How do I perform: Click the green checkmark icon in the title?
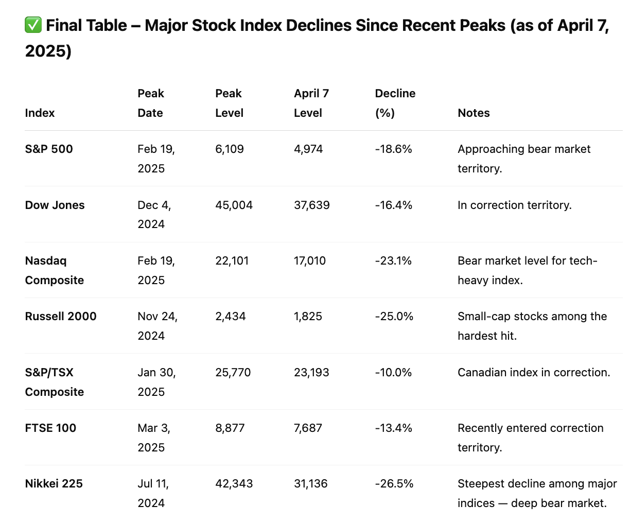[x=33, y=25]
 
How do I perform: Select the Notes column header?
[x=474, y=113]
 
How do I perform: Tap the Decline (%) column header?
[x=395, y=103]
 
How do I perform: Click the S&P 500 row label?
[x=49, y=149]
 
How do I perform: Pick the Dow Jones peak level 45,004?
[x=234, y=205]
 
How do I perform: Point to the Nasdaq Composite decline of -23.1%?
[x=393, y=261]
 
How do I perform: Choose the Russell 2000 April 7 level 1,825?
[x=308, y=316]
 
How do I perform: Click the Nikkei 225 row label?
[x=54, y=483]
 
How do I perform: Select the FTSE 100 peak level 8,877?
[x=230, y=428]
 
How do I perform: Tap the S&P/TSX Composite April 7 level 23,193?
[x=311, y=372]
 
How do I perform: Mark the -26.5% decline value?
[x=394, y=483]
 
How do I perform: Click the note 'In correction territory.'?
[x=514, y=205]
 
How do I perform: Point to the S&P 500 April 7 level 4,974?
[x=308, y=149]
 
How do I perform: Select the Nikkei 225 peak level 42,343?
[x=234, y=483]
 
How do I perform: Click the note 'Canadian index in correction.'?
[x=534, y=372]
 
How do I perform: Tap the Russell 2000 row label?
[x=61, y=316]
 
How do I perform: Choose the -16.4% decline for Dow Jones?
[x=393, y=205]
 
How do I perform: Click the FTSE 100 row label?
[x=50, y=428]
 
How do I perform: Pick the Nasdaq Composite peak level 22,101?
[x=232, y=261]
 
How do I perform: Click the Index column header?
[x=40, y=113]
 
